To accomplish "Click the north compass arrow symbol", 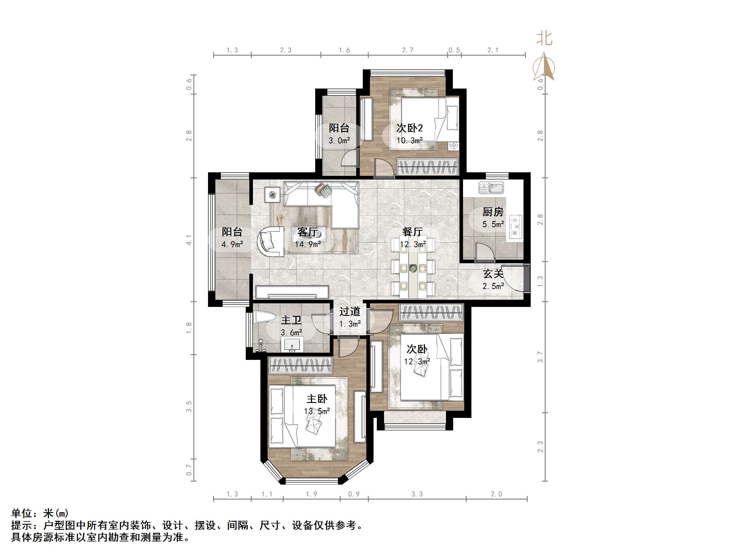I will click(x=544, y=67).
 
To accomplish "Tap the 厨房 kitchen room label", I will click(x=493, y=212).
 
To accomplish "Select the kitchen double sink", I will click(x=491, y=188).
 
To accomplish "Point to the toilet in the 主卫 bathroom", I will click(x=263, y=317).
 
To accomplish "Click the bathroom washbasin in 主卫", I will click(x=293, y=344).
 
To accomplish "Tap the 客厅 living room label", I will click(x=307, y=232).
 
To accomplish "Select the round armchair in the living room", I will click(x=270, y=241).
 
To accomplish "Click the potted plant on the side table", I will click(x=272, y=194).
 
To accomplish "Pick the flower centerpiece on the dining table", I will click(x=413, y=268).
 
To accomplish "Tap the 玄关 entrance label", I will click(x=493, y=274).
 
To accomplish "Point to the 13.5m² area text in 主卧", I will click(x=317, y=411).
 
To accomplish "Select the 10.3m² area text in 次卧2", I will click(x=409, y=140).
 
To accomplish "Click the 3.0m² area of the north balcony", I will click(x=339, y=140).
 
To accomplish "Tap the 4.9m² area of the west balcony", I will click(x=232, y=244).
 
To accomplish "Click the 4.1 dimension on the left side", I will click(x=189, y=240).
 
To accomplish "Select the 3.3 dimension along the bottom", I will click(x=417, y=494).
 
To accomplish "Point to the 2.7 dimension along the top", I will click(x=408, y=50).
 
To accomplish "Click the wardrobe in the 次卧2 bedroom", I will click(x=427, y=166).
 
